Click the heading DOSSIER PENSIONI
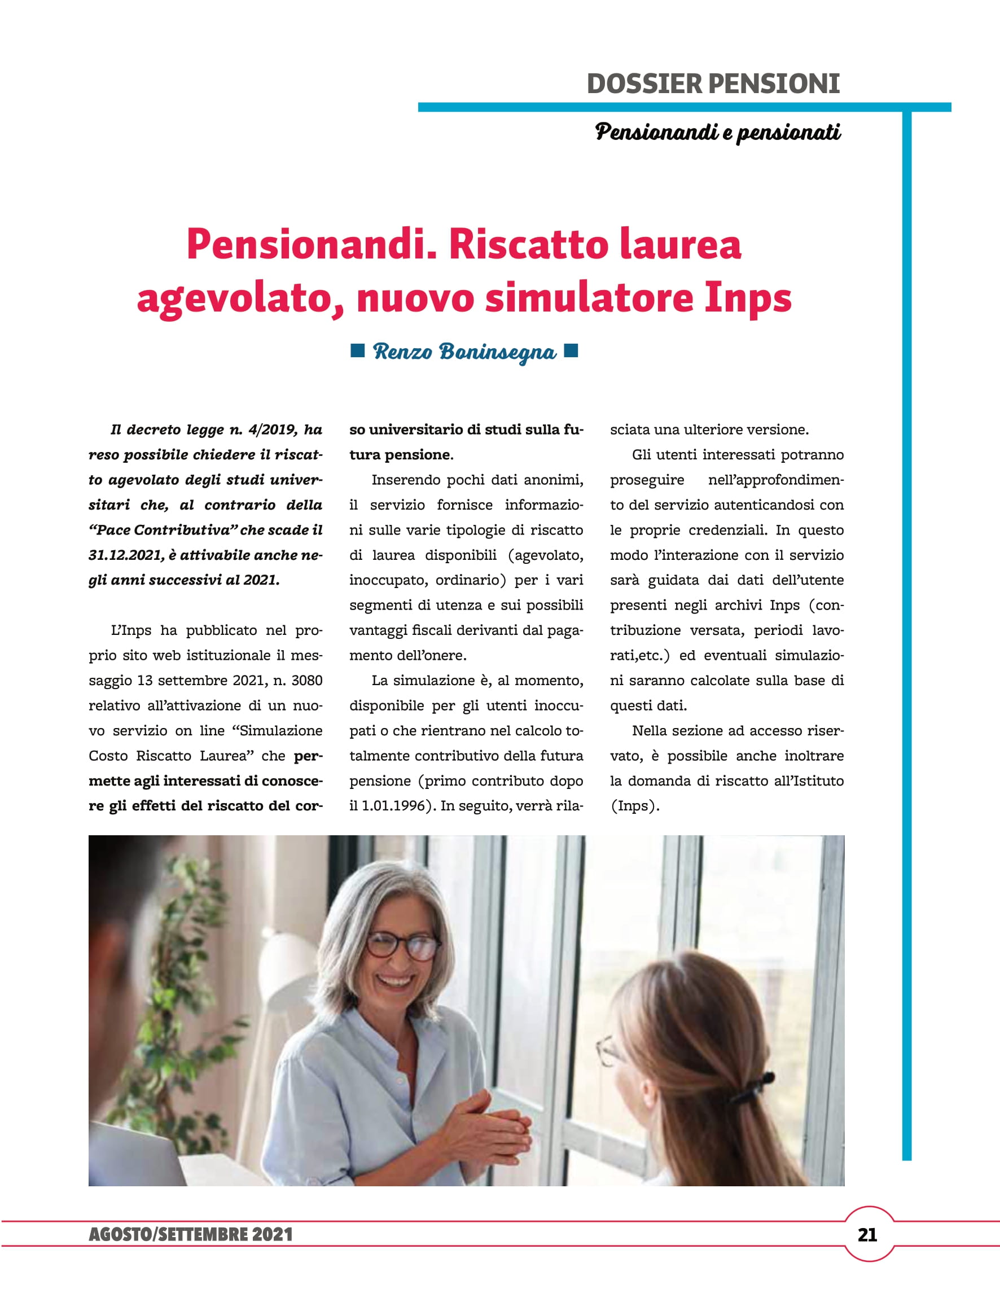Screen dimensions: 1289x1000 (x=713, y=84)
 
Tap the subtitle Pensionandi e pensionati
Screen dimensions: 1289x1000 (x=717, y=132)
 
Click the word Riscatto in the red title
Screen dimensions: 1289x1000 (x=527, y=244)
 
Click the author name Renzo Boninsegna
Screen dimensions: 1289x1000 (x=464, y=352)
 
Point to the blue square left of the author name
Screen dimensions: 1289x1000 (x=357, y=351)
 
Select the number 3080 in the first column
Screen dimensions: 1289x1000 (x=306, y=681)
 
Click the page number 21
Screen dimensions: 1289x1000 (x=867, y=1235)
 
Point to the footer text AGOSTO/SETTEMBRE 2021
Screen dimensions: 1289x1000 (x=191, y=1235)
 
